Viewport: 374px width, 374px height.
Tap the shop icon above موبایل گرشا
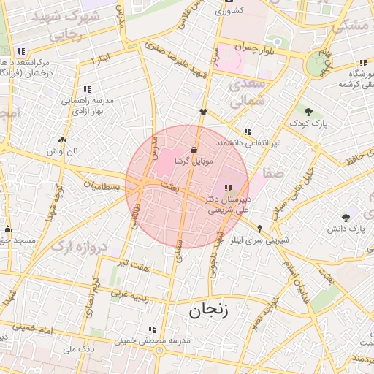(193, 148)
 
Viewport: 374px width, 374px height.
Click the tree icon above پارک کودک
(308, 112)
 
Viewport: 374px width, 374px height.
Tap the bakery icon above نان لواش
(62, 140)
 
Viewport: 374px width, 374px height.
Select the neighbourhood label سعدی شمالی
(246, 95)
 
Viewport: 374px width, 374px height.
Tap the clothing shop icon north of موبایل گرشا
(203, 112)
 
